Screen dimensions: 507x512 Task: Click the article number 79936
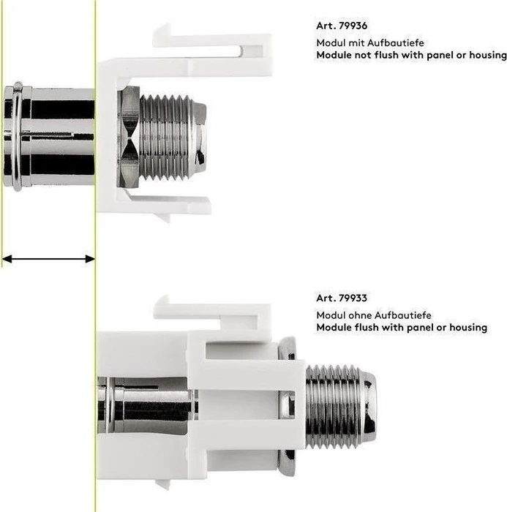(x=353, y=26)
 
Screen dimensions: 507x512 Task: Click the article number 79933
(x=353, y=298)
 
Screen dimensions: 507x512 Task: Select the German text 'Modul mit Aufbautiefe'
(x=370, y=42)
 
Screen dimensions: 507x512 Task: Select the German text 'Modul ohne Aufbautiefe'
(x=374, y=315)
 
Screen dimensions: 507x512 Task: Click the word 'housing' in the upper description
(x=488, y=55)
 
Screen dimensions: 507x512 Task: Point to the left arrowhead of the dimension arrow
(x=7, y=259)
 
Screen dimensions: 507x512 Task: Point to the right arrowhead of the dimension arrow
(x=90, y=259)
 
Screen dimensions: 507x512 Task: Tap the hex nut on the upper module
(x=128, y=138)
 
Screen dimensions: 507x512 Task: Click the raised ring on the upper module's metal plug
(x=17, y=137)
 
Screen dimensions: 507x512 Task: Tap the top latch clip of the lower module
(x=212, y=311)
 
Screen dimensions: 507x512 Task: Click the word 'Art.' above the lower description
(x=326, y=298)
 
